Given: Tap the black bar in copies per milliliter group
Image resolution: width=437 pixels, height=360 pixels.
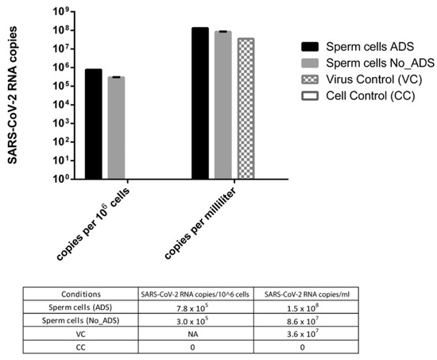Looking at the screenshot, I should pyautogui.click(x=199, y=103).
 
